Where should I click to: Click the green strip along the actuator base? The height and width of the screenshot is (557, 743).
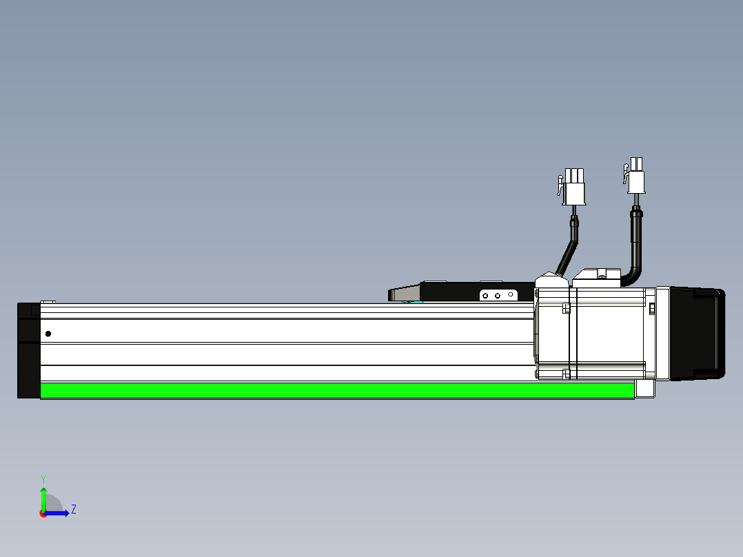pyautogui.click(x=338, y=391)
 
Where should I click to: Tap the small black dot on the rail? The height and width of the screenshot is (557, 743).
pyautogui.click(x=48, y=334)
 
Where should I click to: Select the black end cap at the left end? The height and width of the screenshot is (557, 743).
pyautogui.click(x=29, y=350)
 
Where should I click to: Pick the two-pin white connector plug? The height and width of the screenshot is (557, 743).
pyautogui.click(x=635, y=176)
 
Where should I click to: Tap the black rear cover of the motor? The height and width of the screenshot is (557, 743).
pyautogui.click(x=697, y=334)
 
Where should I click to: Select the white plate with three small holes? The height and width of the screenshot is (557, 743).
pyautogui.click(x=498, y=295)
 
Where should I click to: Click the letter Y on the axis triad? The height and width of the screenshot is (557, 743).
pyautogui.click(x=43, y=480)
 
